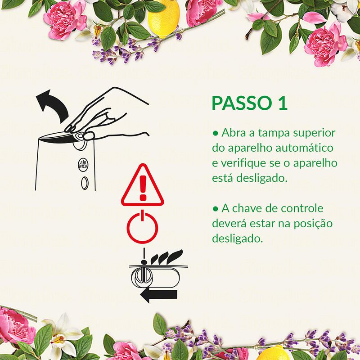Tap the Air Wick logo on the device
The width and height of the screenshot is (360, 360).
[83, 164]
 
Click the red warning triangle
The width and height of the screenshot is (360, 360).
[143, 185]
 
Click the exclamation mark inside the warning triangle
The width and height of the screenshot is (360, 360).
[143, 188]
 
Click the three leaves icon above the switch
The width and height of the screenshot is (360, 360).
[166, 257]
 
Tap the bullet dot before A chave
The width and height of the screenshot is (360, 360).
[215, 208]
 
